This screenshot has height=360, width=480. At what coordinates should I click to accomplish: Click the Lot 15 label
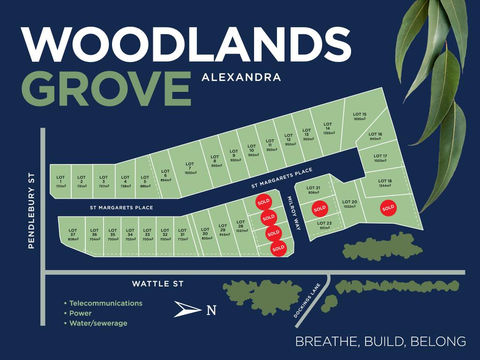point(360,116)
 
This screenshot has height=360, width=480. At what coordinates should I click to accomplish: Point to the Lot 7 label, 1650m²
point(189,171)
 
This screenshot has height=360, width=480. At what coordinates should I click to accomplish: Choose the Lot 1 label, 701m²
point(60,181)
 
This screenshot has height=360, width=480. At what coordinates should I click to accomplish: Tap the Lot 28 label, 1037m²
point(240,226)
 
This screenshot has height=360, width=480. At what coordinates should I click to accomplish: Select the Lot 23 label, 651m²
point(324,225)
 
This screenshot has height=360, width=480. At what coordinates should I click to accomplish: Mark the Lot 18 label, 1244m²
point(385,183)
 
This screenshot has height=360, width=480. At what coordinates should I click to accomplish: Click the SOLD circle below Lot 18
point(388,208)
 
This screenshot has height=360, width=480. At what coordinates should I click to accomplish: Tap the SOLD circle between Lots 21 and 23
point(320,208)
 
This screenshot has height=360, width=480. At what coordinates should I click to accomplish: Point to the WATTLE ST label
point(157,284)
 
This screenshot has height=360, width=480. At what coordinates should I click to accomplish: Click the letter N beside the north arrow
point(211,310)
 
